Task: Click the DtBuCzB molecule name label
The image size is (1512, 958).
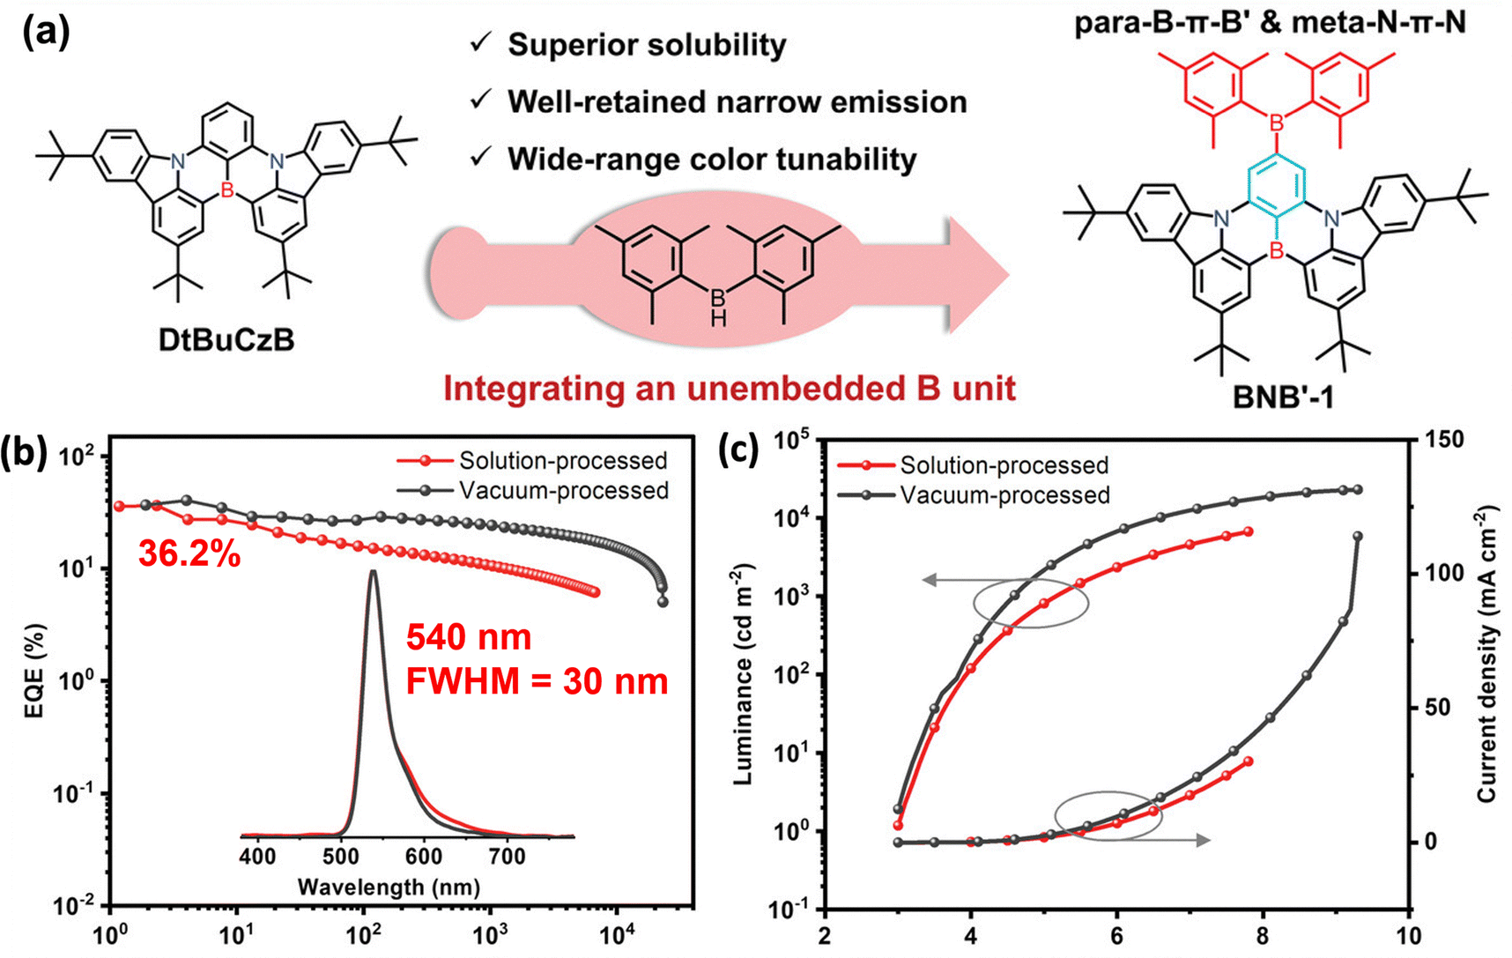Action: click(226, 340)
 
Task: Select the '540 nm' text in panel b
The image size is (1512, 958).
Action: click(469, 637)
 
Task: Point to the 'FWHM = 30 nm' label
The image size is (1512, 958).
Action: click(536, 681)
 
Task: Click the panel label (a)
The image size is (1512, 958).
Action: click(47, 33)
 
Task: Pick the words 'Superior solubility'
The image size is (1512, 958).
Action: click(647, 45)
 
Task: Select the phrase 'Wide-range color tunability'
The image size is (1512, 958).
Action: click(712, 160)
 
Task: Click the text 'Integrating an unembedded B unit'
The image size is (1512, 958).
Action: click(730, 389)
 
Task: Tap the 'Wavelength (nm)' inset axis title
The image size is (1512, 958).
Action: click(389, 887)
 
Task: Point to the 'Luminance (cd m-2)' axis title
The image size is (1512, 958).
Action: click(744, 674)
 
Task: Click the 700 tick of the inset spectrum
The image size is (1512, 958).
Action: click(507, 857)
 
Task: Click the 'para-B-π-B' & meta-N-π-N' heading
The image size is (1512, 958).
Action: click(1270, 22)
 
